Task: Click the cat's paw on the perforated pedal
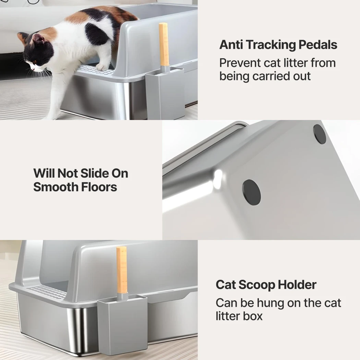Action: click(102, 67)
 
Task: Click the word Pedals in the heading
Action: click(318, 45)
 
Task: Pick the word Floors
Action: click(99, 187)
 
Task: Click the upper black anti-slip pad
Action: click(320, 134)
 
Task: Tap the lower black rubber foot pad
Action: click(252, 193)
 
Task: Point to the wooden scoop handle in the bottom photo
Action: click(122, 270)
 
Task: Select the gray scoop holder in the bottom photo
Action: click(122, 326)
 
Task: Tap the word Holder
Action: click(297, 285)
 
